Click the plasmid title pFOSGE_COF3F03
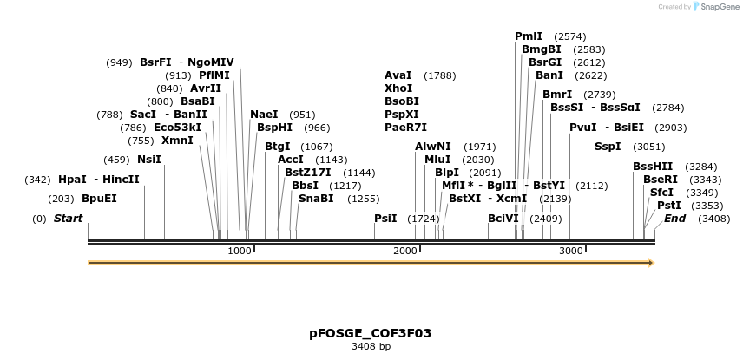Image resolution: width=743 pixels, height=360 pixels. click(371, 333)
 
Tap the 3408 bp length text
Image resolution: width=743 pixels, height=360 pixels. click(371, 347)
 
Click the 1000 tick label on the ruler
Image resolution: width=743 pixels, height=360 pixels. click(239, 251)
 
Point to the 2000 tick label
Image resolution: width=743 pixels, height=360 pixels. click(405, 251)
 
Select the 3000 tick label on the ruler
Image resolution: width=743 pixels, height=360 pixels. click(570, 251)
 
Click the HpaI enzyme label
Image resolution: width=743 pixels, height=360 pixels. click(72, 180)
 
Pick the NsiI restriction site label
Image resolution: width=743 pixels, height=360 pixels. click(149, 159)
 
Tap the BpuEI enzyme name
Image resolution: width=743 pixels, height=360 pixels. click(99, 198)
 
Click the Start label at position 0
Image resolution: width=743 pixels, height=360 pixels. click(68, 219)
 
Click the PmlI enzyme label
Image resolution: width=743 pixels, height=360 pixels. click(529, 36)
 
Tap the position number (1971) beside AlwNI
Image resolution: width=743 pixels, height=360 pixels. click(480, 147)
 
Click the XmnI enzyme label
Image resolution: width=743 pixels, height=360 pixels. click(177, 141)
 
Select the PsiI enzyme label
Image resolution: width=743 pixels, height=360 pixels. click(385, 218)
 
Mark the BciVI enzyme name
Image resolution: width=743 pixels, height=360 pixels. click(503, 218)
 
